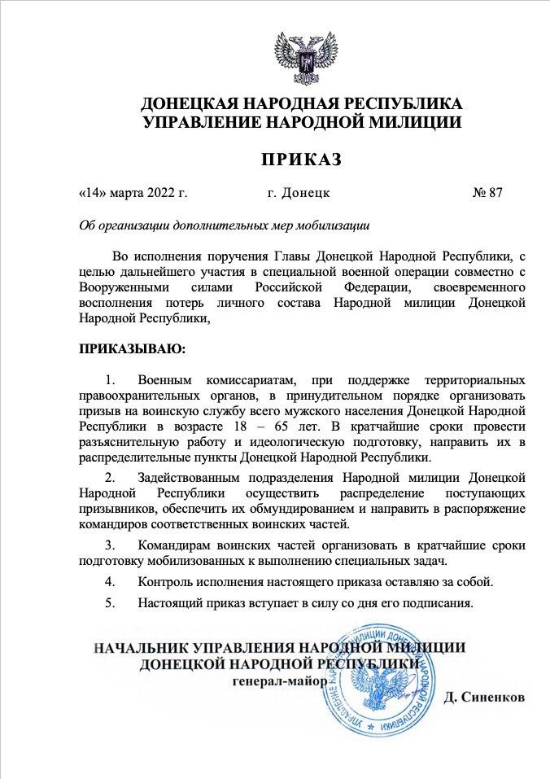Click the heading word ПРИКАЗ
pos(301,158)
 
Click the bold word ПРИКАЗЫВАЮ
pos(132,349)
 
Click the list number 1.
pos(110,380)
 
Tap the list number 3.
pos(110,545)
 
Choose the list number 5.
pos(110,603)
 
